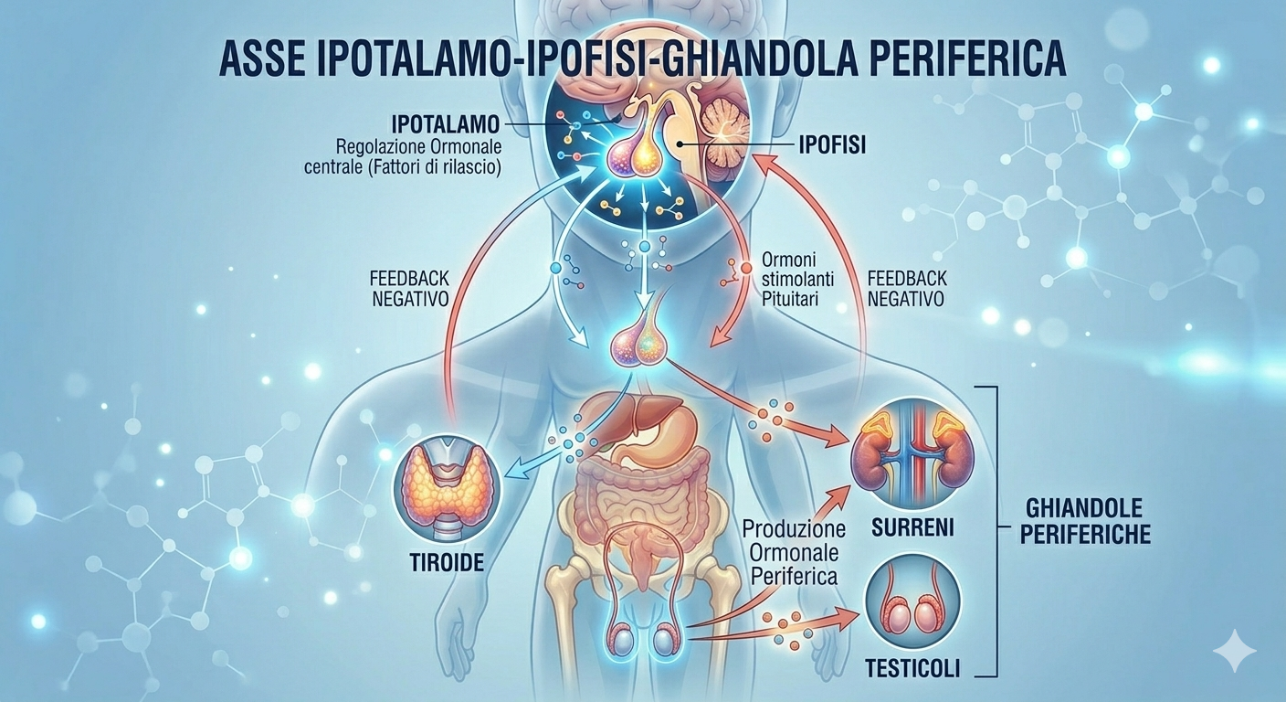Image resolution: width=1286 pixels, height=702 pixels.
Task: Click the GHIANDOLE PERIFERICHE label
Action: pos(1088,522)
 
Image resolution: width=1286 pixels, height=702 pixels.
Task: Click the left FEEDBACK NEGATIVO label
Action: pos(408,288)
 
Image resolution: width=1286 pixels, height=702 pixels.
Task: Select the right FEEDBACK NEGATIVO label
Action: pos(906,288)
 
